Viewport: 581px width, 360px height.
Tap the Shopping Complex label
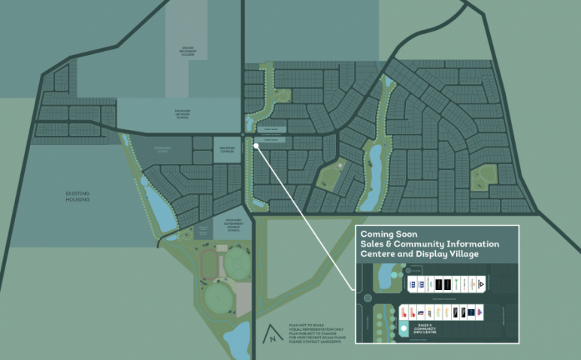coord(226,148)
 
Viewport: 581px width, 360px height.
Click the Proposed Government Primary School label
coord(230,224)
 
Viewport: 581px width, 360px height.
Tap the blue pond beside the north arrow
coord(239,340)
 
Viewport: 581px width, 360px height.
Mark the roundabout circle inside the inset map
coord(368,298)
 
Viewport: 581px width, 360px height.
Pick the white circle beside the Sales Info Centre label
coord(404,328)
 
